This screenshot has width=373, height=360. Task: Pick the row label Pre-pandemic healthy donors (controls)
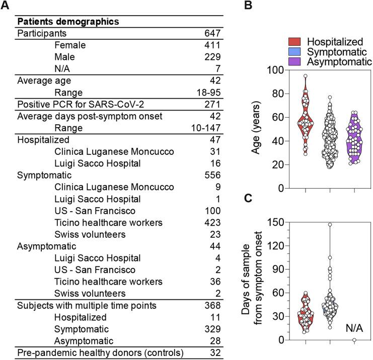100,353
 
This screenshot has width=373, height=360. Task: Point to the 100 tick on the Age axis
277,70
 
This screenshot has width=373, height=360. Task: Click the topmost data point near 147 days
330,225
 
